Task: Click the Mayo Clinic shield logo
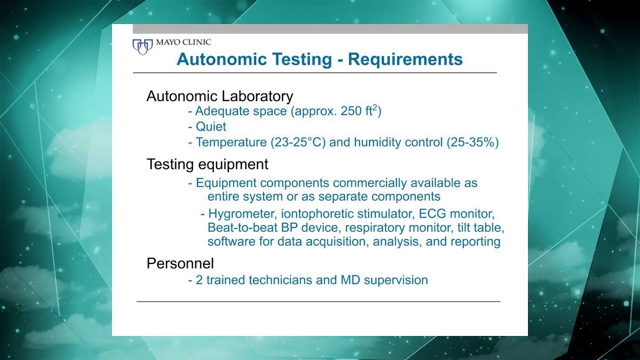[x=142, y=46]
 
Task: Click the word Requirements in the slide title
[x=405, y=59]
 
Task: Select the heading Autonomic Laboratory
[x=219, y=96]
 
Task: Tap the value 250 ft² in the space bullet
[x=358, y=111]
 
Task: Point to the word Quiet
[x=210, y=126]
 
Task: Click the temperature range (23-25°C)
[x=298, y=142]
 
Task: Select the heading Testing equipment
[x=207, y=164]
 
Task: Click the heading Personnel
[x=180, y=263]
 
